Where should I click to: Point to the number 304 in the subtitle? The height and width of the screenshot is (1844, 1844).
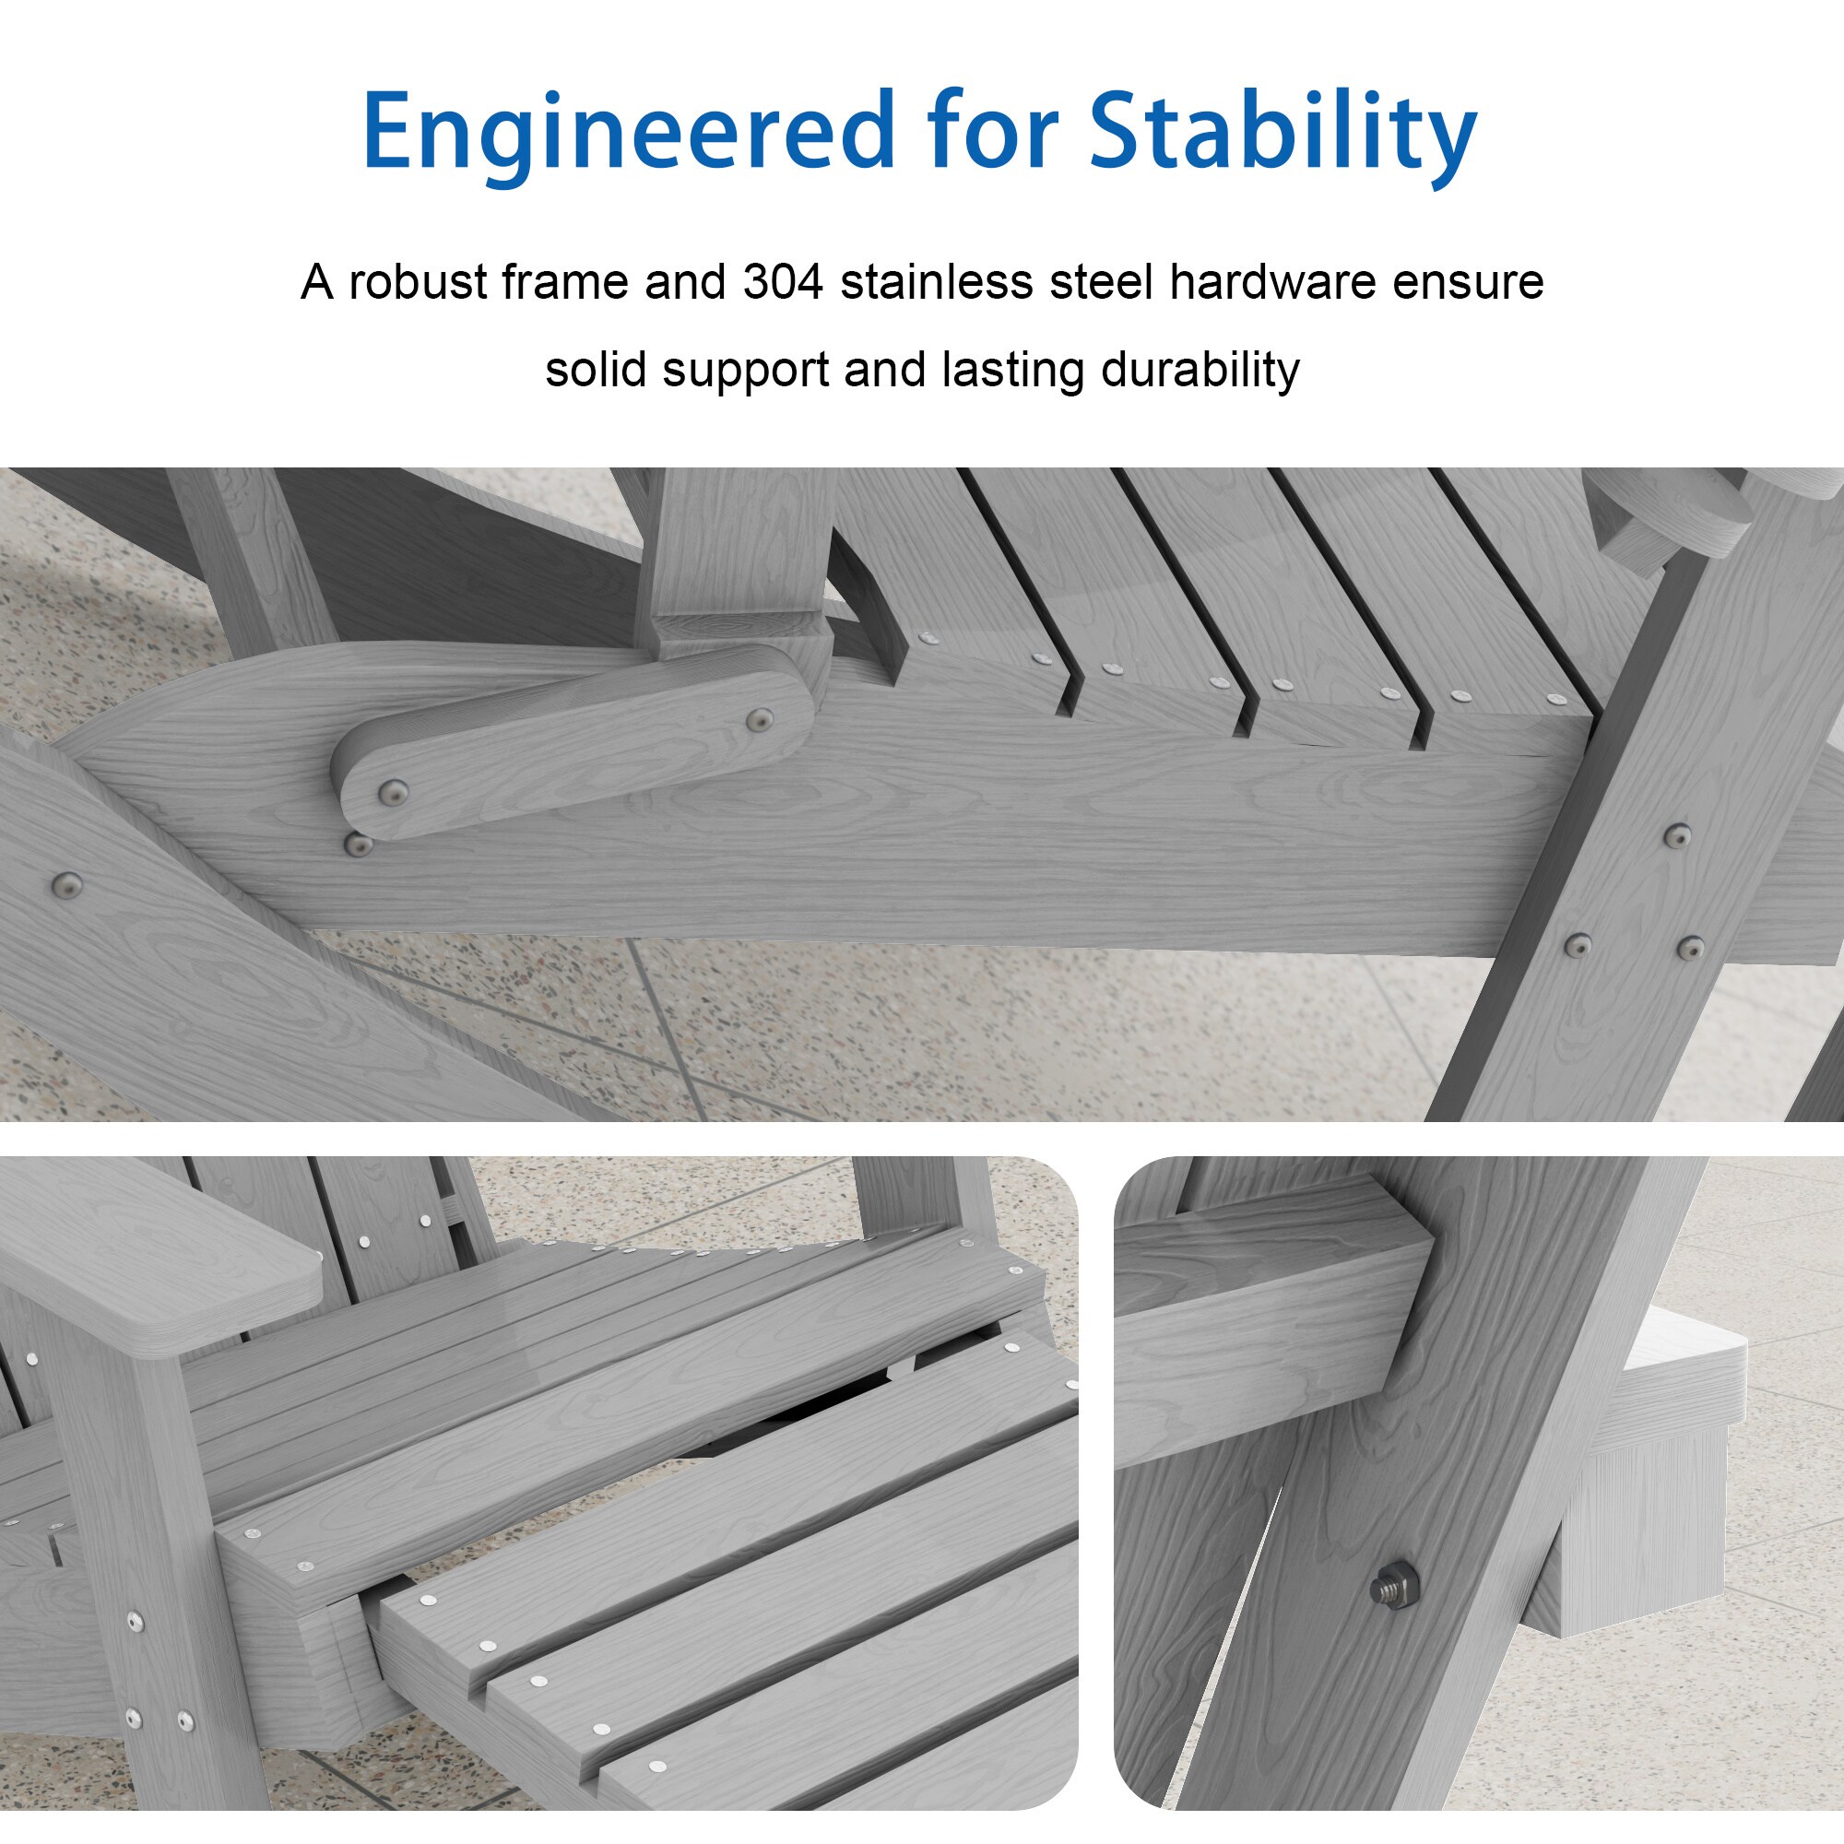click(783, 282)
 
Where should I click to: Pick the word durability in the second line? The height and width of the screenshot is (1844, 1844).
click(1200, 371)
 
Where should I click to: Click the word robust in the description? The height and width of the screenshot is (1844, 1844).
click(417, 282)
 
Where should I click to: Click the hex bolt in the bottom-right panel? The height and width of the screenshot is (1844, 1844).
click(1392, 1586)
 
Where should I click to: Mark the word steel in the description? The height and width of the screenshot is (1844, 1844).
click(1130, 282)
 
